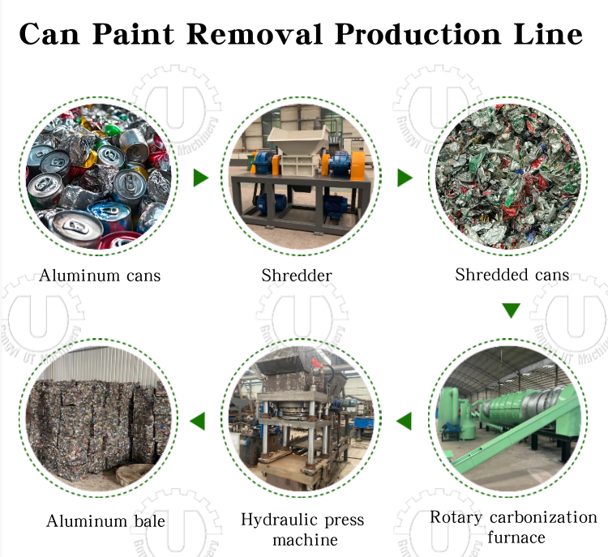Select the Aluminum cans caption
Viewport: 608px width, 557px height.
100,276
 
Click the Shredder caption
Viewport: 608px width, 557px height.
297,276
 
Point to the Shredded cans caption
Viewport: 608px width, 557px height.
512,275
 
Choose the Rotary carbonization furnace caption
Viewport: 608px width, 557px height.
513,527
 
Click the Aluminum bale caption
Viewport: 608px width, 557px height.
105,521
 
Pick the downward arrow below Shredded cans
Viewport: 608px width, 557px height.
511,311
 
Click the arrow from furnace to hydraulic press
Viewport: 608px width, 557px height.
404,421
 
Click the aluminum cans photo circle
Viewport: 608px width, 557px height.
100,172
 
